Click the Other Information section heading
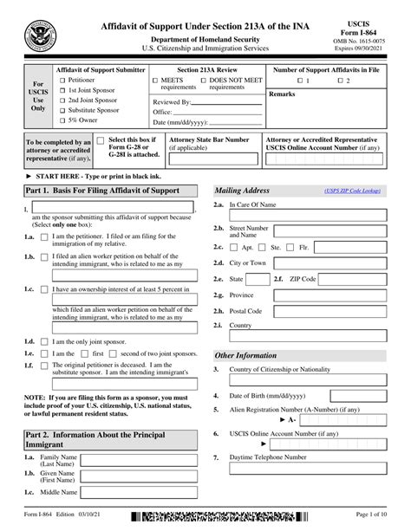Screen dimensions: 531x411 click(246, 355)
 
